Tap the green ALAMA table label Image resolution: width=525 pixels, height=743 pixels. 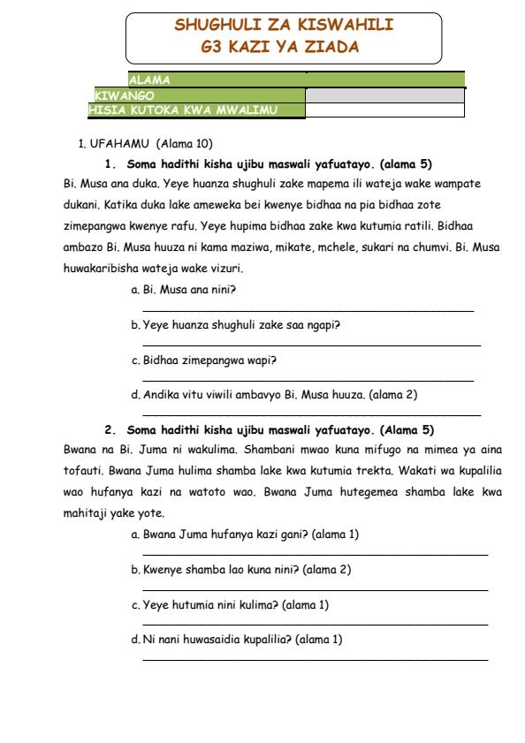coord(150,80)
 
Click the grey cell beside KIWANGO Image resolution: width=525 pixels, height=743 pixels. coord(384,95)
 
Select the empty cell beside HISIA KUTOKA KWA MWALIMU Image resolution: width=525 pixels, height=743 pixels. coord(384,110)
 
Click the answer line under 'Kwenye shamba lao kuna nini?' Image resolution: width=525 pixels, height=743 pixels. coord(315,589)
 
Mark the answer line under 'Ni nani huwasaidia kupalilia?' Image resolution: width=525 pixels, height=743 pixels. coord(315,658)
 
